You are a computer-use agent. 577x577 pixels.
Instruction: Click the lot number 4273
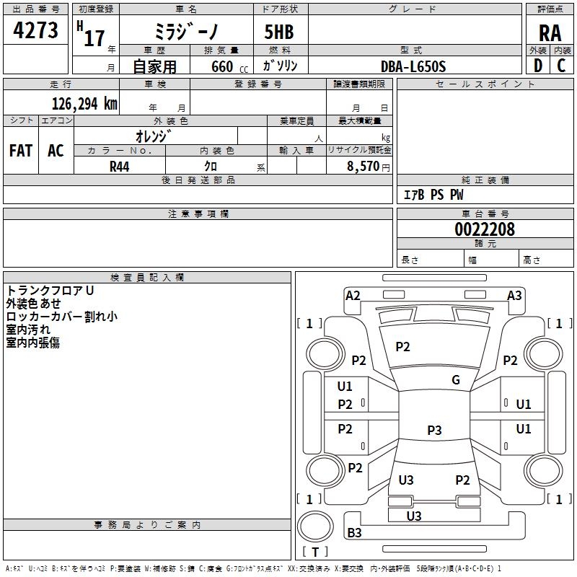coord(35,30)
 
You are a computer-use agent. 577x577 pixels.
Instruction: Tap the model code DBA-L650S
coord(413,66)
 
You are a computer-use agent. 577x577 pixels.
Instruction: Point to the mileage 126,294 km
coord(84,103)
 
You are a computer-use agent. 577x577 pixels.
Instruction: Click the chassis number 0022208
coord(485,230)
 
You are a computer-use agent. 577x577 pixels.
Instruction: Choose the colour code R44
coord(120,167)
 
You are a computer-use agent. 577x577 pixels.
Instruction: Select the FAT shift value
coord(21,151)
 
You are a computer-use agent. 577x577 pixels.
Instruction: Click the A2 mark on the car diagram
coord(353,296)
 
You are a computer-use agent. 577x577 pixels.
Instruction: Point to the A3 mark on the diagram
coord(514,296)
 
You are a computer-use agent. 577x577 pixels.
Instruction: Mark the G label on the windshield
coord(456,380)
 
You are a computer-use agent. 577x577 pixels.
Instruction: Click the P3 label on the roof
coord(434,431)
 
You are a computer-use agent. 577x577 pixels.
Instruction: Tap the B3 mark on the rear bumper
coord(354,533)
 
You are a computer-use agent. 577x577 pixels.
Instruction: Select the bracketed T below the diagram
coord(315,552)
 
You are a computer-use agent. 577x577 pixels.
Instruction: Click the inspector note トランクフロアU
coord(50,290)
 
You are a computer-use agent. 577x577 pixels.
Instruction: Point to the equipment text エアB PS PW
coord(433,195)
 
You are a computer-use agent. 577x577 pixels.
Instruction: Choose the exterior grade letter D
coord(537,66)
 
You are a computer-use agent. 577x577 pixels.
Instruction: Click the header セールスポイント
coord(485,84)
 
